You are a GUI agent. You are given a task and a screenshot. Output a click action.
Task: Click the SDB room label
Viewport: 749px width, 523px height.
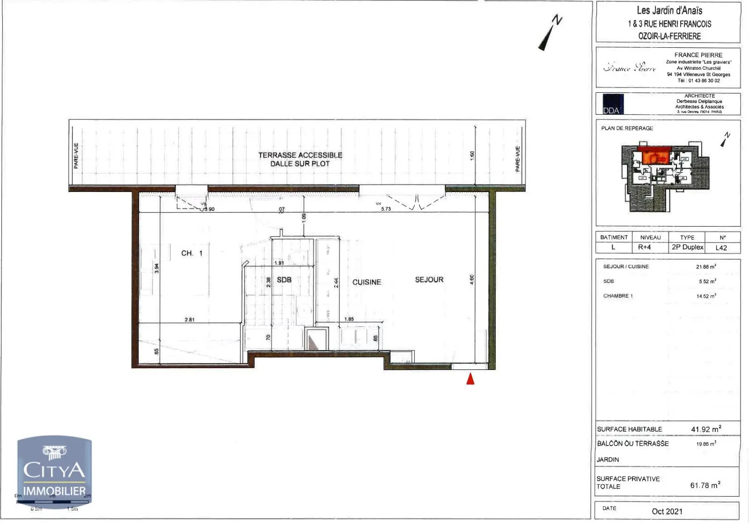point(284,280)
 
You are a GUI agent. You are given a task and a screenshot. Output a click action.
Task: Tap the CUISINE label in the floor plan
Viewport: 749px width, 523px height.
point(367,282)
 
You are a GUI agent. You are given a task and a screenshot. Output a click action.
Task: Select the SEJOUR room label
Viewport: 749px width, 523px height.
point(429,280)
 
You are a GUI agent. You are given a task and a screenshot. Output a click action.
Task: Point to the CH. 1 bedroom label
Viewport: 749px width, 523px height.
point(192,253)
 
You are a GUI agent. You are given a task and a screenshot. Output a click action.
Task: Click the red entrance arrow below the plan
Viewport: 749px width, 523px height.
point(470,378)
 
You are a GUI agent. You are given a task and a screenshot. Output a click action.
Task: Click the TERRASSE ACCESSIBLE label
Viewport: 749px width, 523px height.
point(300,155)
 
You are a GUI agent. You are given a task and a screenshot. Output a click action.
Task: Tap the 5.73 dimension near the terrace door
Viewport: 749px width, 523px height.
point(386,209)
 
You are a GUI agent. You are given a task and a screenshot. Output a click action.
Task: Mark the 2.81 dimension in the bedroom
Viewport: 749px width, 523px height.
point(190,319)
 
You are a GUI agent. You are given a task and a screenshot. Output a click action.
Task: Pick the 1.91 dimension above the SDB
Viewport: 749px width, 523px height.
point(279,263)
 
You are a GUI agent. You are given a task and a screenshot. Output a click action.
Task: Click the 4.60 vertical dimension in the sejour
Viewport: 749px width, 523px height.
point(472,280)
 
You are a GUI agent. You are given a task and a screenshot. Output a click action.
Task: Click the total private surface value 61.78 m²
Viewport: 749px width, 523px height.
point(705,485)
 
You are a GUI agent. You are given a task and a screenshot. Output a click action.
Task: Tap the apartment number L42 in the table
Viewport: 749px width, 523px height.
point(721,248)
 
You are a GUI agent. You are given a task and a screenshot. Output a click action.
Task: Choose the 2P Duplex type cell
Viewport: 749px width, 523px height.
point(687,247)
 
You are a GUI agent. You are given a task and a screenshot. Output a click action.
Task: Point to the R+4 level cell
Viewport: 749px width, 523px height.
point(645,247)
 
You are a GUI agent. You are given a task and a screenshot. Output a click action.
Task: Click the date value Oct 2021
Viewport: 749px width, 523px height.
point(667,511)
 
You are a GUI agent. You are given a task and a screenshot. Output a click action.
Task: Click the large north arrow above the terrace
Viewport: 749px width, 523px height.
point(550,32)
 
